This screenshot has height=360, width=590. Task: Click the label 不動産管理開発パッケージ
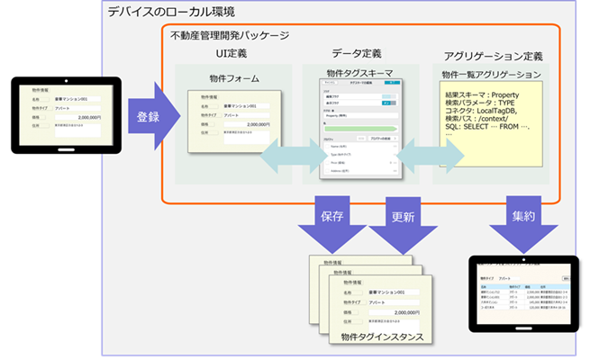tap(230, 35)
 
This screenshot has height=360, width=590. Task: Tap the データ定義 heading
tap(356, 55)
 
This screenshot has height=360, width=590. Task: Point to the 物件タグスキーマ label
tap(358, 73)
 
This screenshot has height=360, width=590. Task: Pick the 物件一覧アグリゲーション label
tap(492, 74)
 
